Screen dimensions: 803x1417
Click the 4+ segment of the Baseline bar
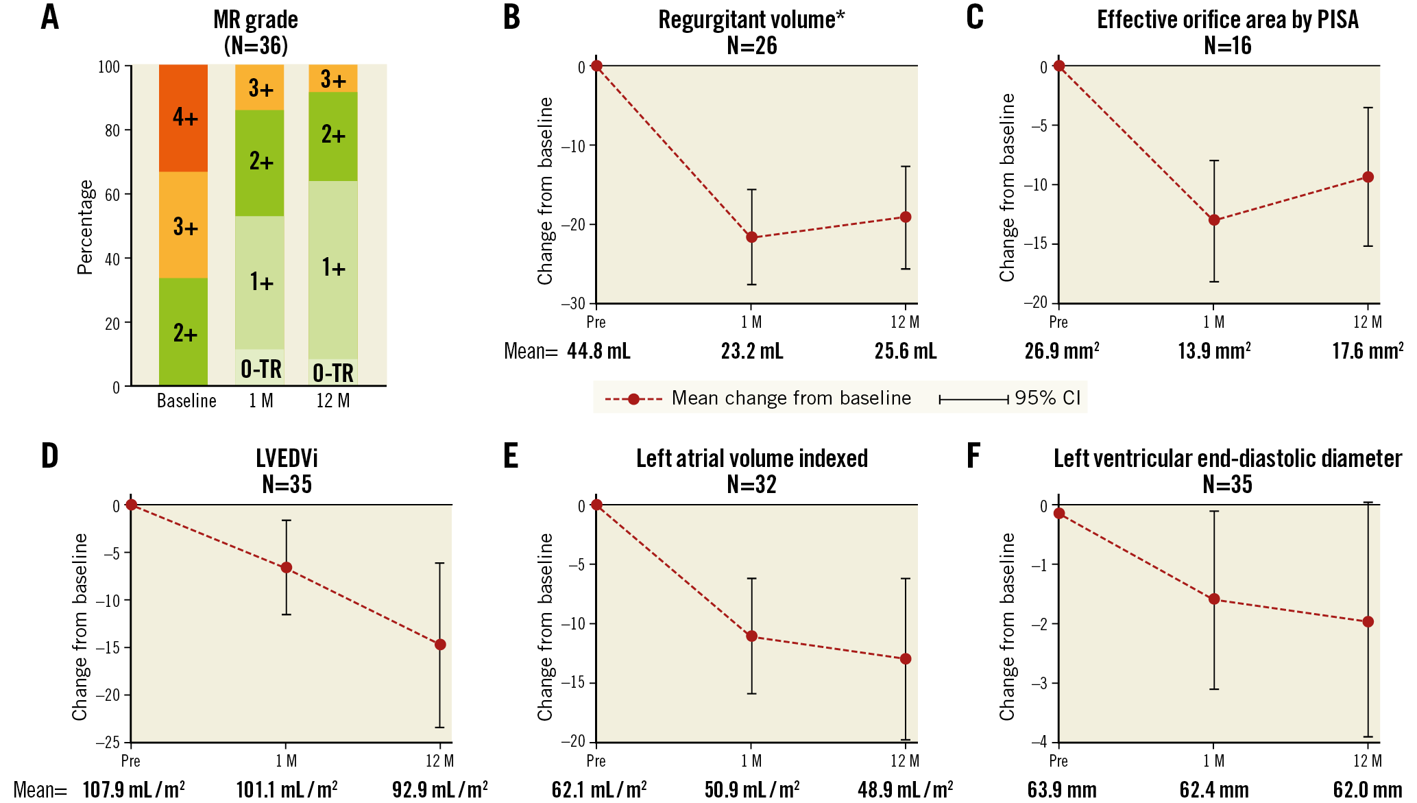click(184, 118)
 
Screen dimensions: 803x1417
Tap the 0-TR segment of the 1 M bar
click(260, 368)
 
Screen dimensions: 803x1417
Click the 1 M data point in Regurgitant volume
click(751, 237)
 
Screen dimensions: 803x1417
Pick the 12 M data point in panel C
click(1368, 177)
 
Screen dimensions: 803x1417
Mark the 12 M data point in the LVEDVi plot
click(440, 645)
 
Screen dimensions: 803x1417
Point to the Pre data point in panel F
click(1059, 513)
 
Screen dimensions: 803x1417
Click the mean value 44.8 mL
click(598, 351)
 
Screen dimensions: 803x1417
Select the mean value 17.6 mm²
click(1367, 351)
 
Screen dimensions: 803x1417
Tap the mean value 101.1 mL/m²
click(287, 790)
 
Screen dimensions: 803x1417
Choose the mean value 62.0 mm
click(1367, 790)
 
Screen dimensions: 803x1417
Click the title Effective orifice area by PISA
click(1227, 20)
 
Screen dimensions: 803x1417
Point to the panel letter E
click(511, 456)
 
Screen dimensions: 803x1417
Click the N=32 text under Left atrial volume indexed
click(751, 485)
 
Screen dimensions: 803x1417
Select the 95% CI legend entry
click(1010, 398)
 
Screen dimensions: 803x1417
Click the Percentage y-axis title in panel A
click(85, 227)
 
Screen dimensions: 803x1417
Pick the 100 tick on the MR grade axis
click(109, 67)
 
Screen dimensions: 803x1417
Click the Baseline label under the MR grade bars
click(186, 400)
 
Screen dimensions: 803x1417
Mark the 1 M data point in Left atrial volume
click(751, 636)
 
